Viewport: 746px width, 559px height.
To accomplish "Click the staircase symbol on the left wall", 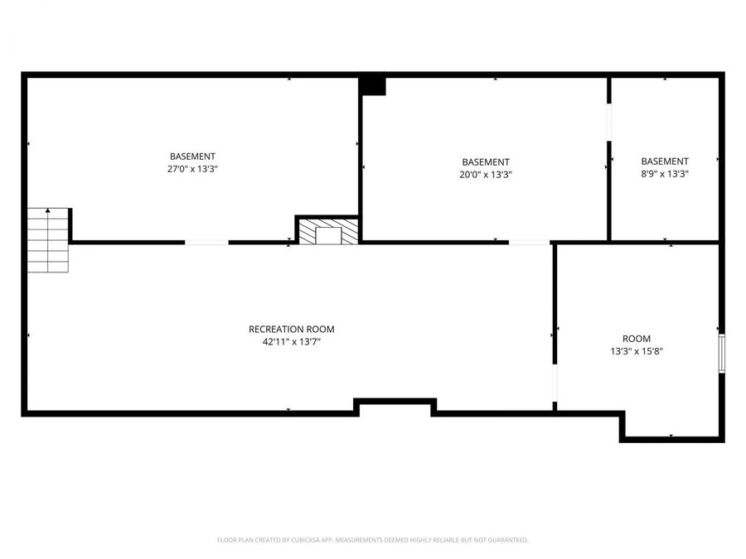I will pos(48,240).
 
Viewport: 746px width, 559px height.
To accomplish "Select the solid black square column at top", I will pos(373,85).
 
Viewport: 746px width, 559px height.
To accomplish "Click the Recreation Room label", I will pos(292,329).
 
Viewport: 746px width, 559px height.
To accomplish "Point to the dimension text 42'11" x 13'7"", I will pos(292,341).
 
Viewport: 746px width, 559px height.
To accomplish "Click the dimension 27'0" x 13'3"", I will pos(192,168).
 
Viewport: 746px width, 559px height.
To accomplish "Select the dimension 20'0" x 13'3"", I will pos(486,175).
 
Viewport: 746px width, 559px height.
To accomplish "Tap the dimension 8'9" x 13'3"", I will pos(665,174).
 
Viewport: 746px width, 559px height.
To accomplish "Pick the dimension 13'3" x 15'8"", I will pos(637,351).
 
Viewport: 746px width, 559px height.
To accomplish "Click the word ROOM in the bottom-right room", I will pos(637,339).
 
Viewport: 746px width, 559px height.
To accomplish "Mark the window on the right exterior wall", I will pos(722,353).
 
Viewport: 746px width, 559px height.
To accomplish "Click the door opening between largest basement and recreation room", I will pos(206,242).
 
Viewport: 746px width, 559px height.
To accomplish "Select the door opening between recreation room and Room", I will pos(555,382).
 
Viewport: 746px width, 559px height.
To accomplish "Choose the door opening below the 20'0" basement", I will pos(529,242).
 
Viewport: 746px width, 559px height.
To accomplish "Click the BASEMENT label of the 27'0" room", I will pos(192,156).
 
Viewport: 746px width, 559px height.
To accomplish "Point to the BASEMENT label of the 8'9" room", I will pos(665,161).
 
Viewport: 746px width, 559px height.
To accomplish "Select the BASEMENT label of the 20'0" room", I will pos(486,162).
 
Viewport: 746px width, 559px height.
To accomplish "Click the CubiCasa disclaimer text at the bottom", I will pos(372,540).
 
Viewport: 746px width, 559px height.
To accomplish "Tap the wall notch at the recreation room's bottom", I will pos(395,406).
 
